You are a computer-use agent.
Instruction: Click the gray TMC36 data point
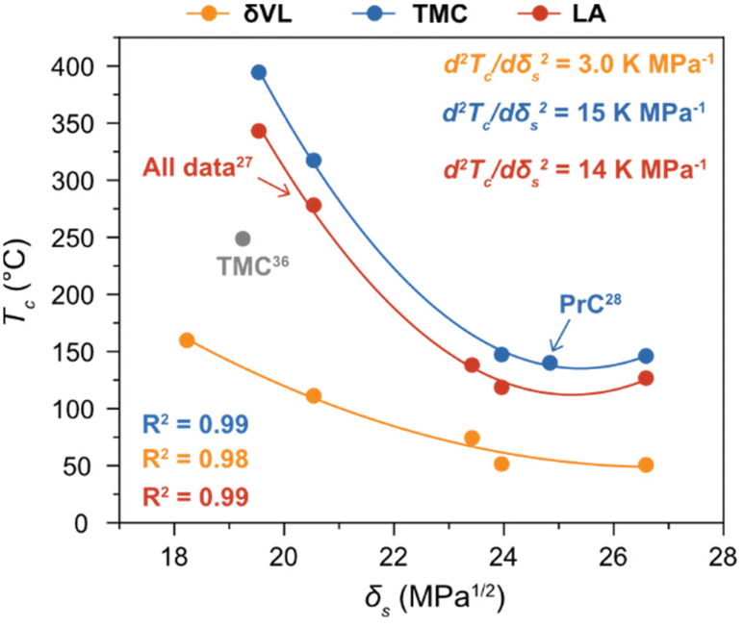tap(243, 238)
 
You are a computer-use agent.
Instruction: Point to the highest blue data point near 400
tap(259, 72)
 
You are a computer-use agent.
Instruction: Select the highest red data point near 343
tap(259, 131)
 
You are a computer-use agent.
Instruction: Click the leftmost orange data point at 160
tap(187, 340)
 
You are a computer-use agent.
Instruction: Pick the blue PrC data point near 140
tap(550, 363)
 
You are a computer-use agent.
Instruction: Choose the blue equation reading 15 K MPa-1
tap(576, 112)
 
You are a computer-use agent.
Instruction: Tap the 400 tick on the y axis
tap(85, 66)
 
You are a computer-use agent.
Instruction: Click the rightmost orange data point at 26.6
tap(646, 464)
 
